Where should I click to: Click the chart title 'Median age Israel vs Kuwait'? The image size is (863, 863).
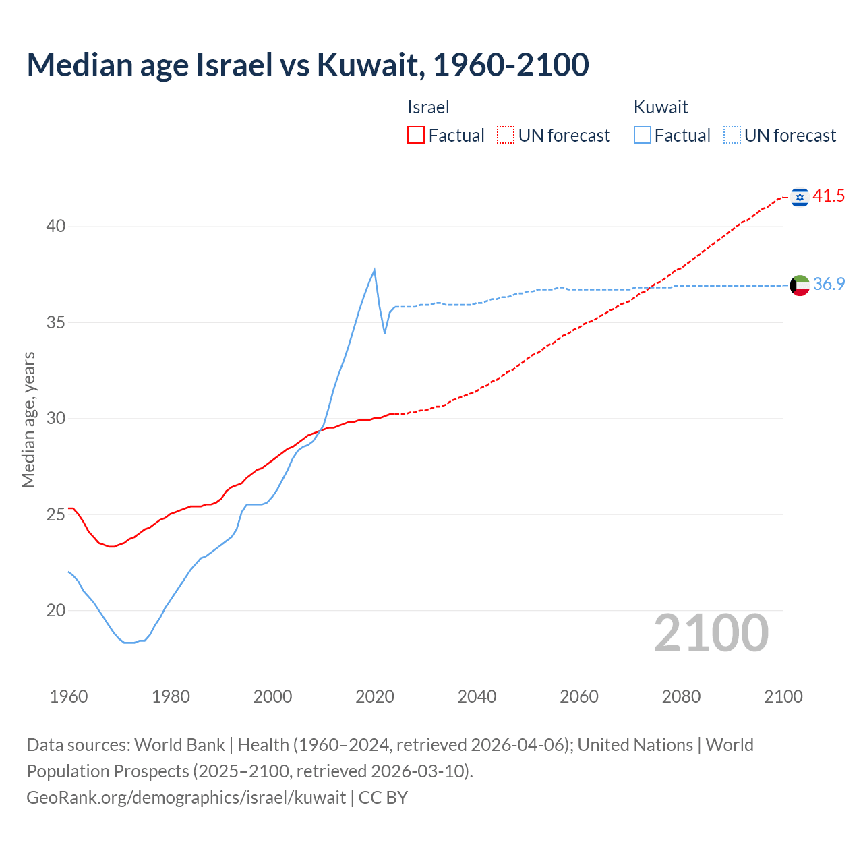coord(307,65)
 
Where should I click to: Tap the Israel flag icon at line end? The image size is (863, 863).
coord(800,196)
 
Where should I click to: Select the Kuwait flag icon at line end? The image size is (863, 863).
coord(800,285)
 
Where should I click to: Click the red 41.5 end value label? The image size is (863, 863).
coord(829,196)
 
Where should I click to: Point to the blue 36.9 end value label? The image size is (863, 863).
coord(829,285)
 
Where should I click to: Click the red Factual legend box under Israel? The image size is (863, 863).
coord(416,136)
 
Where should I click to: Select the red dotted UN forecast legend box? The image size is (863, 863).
coord(506,136)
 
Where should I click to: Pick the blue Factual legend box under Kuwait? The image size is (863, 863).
coord(643,136)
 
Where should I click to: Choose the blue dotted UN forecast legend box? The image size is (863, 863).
coord(732,136)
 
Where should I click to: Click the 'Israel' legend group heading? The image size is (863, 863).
coord(428,107)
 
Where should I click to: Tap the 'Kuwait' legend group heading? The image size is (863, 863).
coord(661,107)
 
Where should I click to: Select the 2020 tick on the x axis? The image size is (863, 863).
coord(375,696)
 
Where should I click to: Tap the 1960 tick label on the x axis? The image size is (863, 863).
coord(69,696)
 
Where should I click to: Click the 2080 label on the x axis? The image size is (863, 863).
coord(681,696)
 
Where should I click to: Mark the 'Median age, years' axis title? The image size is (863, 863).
coord(28,419)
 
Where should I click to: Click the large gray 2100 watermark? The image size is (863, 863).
coord(711,633)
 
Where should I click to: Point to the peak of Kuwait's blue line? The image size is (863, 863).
coord(374,270)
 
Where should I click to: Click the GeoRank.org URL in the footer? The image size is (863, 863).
coord(186,798)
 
